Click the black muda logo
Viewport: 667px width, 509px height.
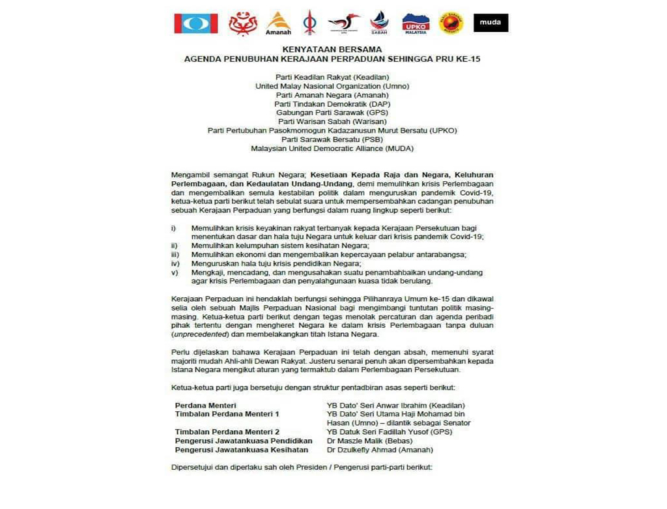[x=490, y=23]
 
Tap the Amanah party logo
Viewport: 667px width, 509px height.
[x=278, y=23]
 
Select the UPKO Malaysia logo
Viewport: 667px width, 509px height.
[x=415, y=23]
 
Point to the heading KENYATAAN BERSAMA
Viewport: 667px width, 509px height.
[x=332, y=49]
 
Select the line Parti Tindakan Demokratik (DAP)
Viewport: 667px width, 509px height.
[x=332, y=104]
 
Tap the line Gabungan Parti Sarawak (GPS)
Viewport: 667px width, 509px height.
[x=332, y=113]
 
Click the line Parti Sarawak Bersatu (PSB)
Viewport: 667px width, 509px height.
[x=332, y=139]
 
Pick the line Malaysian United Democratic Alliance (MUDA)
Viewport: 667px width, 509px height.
[x=332, y=149]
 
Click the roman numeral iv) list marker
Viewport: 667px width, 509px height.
[x=175, y=263]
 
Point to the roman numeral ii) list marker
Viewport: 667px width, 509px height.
[x=174, y=246]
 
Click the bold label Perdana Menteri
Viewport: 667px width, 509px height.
[x=205, y=405]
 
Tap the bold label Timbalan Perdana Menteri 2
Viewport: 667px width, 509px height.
[x=227, y=432]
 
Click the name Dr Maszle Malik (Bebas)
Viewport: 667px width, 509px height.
[x=369, y=441]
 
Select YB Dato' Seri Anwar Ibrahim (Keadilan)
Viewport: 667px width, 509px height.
[x=396, y=405]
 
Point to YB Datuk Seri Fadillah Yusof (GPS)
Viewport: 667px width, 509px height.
[x=389, y=432]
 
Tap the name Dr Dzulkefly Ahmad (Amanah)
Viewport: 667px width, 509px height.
[x=379, y=450]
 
